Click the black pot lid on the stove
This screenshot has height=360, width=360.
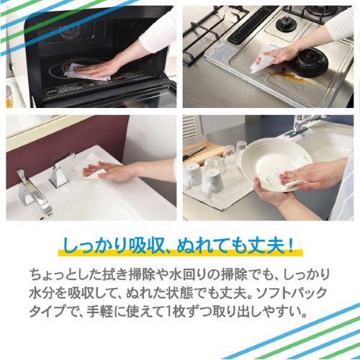(x=310, y=63)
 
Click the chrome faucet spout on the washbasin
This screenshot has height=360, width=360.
(x=34, y=190)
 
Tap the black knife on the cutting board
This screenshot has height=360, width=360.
(x=194, y=151)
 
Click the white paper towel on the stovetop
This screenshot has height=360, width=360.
(x=261, y=58)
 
